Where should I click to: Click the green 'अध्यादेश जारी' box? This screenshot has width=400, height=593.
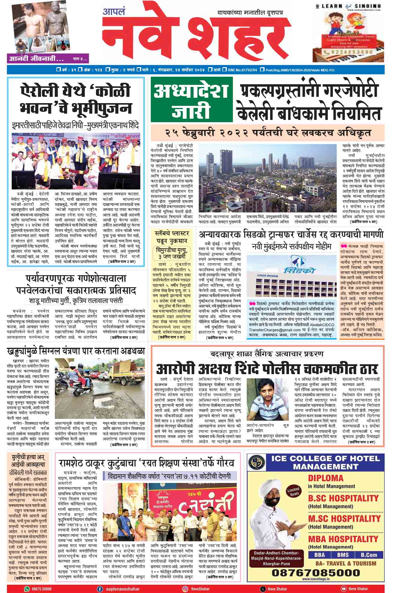[192, 99]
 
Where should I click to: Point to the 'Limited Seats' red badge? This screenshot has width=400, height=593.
[293, 492]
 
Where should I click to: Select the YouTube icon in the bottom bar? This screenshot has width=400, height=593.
[343, 589]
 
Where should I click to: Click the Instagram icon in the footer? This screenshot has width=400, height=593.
[186, 589]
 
